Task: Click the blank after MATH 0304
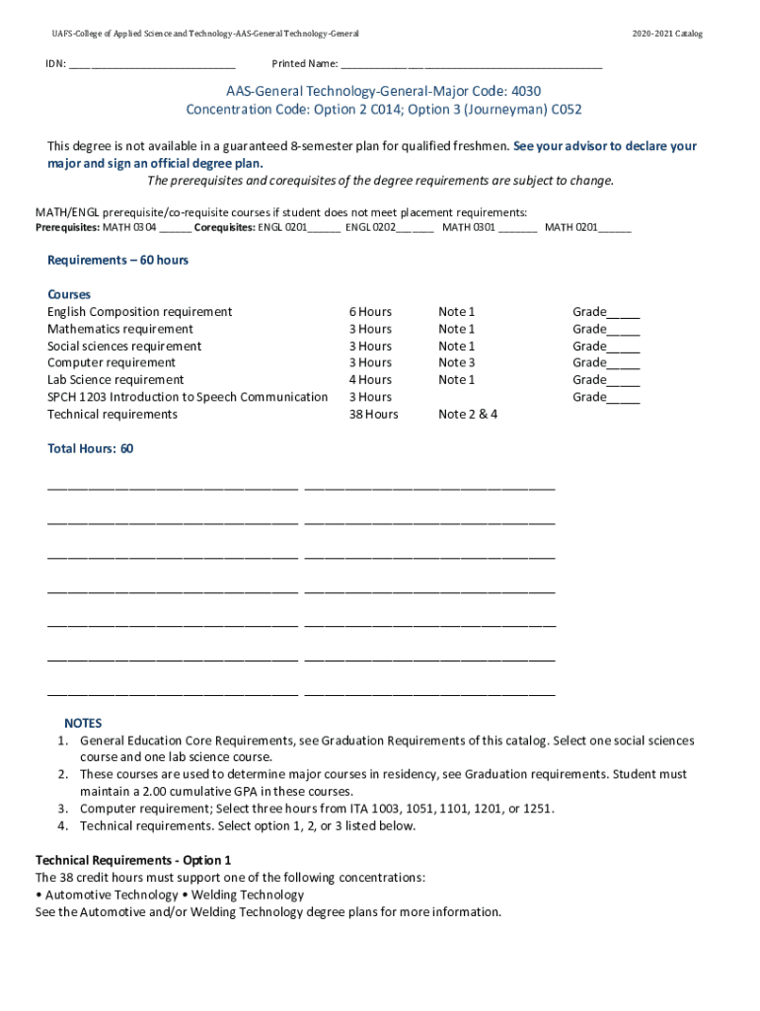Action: tap(175, 229)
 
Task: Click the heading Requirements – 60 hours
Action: tap(117, 260)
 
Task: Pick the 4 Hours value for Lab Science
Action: tap(369, 380)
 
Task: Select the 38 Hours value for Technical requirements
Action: tap(373, 415)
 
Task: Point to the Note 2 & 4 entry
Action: tap(468, 415)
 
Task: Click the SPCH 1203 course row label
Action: tap(188, 397)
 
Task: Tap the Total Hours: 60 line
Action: tap(90, 449)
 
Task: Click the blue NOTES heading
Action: tap(83, 724)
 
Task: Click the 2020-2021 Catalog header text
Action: tap(667, 34)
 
